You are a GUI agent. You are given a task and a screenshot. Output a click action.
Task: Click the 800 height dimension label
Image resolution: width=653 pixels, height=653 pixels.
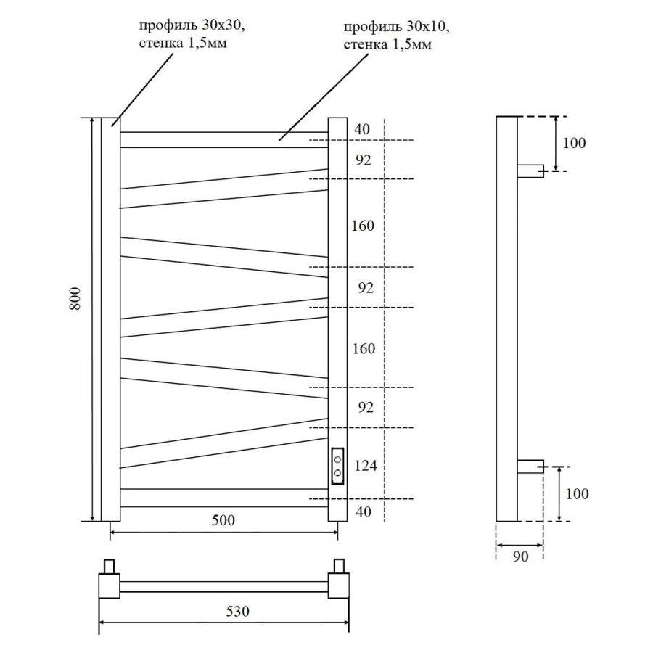(x=75, y=299)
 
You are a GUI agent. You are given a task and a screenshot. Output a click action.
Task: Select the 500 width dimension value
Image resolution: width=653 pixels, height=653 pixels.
(x=223, y=521)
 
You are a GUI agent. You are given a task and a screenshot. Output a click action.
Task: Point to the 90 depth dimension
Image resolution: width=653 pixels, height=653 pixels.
(x=519, y=557)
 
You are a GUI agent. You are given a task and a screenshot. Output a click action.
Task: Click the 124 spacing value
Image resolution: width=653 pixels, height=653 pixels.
(x=365, y=465)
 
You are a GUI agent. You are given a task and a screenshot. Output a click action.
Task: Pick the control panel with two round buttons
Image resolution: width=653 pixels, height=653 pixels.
(x=337, y=466)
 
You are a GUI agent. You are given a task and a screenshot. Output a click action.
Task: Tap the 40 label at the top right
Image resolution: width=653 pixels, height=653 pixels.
(x=362, y=129)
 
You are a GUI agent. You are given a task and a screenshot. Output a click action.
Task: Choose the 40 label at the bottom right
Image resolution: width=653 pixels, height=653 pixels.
(x=364, y=512)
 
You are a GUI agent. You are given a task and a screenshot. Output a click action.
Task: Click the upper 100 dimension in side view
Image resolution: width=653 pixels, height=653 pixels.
(x=573, y=142)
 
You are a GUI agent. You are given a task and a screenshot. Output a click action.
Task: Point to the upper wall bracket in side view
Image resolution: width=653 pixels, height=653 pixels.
(x=530, y=171)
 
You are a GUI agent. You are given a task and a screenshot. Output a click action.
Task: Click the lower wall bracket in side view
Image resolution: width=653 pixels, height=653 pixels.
(x=530, y=466)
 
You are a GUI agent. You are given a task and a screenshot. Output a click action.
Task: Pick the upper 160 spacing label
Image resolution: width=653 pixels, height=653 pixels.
(x=363, y=226)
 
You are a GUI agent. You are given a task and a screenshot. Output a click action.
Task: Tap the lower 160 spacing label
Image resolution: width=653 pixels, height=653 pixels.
(x=363, y=349)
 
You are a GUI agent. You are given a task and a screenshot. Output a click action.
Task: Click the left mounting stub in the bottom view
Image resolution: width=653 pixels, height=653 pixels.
(x=110, y=565)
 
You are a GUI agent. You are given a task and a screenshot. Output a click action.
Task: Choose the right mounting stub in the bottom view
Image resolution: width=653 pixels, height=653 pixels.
(x=338, y=565)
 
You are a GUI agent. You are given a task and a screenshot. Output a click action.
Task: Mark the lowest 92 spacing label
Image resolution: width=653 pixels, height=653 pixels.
(x=365, y=407)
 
